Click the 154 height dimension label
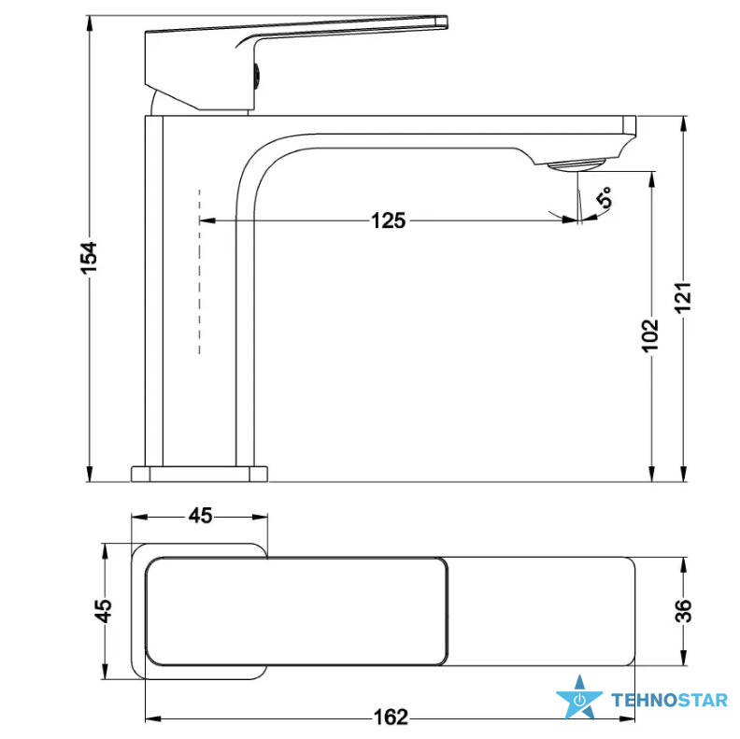(89, 257)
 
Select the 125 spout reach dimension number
(389, 220)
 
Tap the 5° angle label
(605, 197)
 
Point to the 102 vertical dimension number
(650, 335)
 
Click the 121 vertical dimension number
(682, 297)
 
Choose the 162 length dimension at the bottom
(391, 717)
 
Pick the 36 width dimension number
(683, 611)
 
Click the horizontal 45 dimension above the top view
(201, 516)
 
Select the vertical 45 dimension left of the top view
(104, 611)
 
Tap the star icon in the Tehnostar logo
(579, 697)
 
